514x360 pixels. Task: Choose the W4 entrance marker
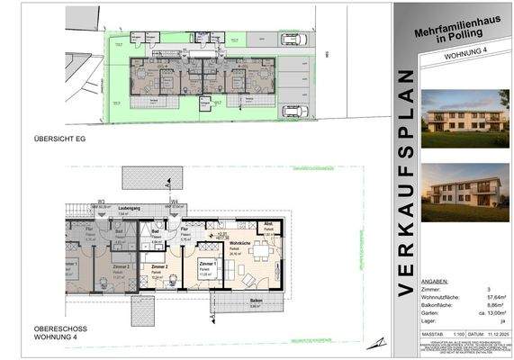(x=175, y=201)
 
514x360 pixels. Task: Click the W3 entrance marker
(x=102, y=201)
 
